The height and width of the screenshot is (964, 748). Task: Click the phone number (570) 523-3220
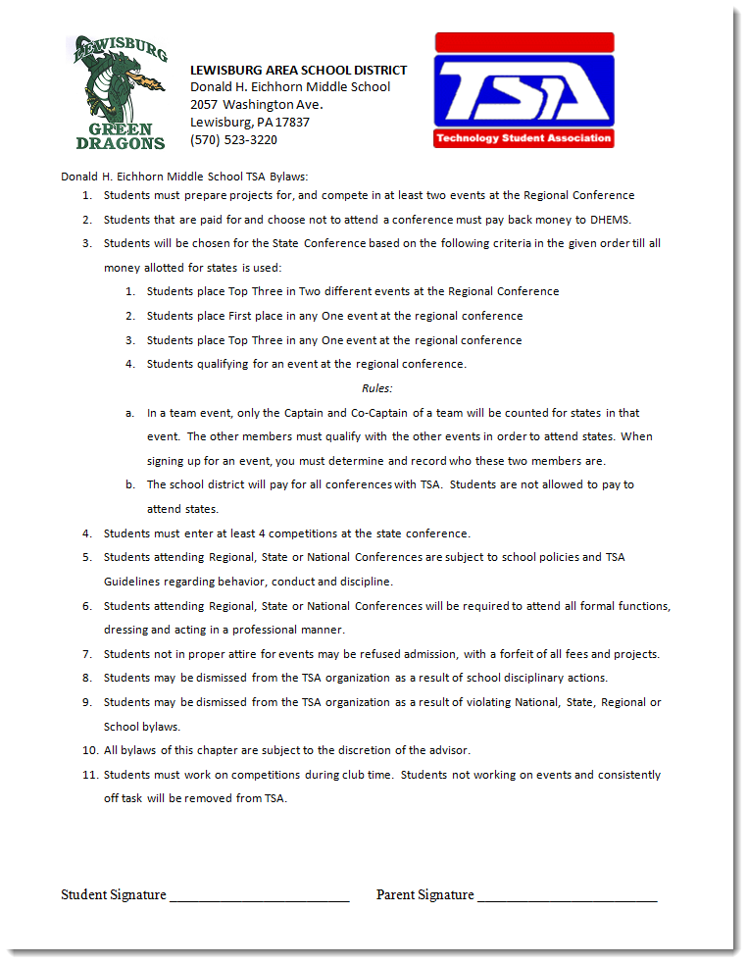coord(233,140)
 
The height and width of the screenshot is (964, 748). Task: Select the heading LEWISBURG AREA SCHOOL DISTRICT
coord(298,70)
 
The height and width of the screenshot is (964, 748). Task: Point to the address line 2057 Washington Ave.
coord(256,105)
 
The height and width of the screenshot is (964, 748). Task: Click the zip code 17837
coord(293,123)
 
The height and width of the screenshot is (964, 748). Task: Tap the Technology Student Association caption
coord(524,138)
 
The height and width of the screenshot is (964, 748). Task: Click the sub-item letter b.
coord(130,484)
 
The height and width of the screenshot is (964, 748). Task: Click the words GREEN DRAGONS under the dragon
coord(120,135)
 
